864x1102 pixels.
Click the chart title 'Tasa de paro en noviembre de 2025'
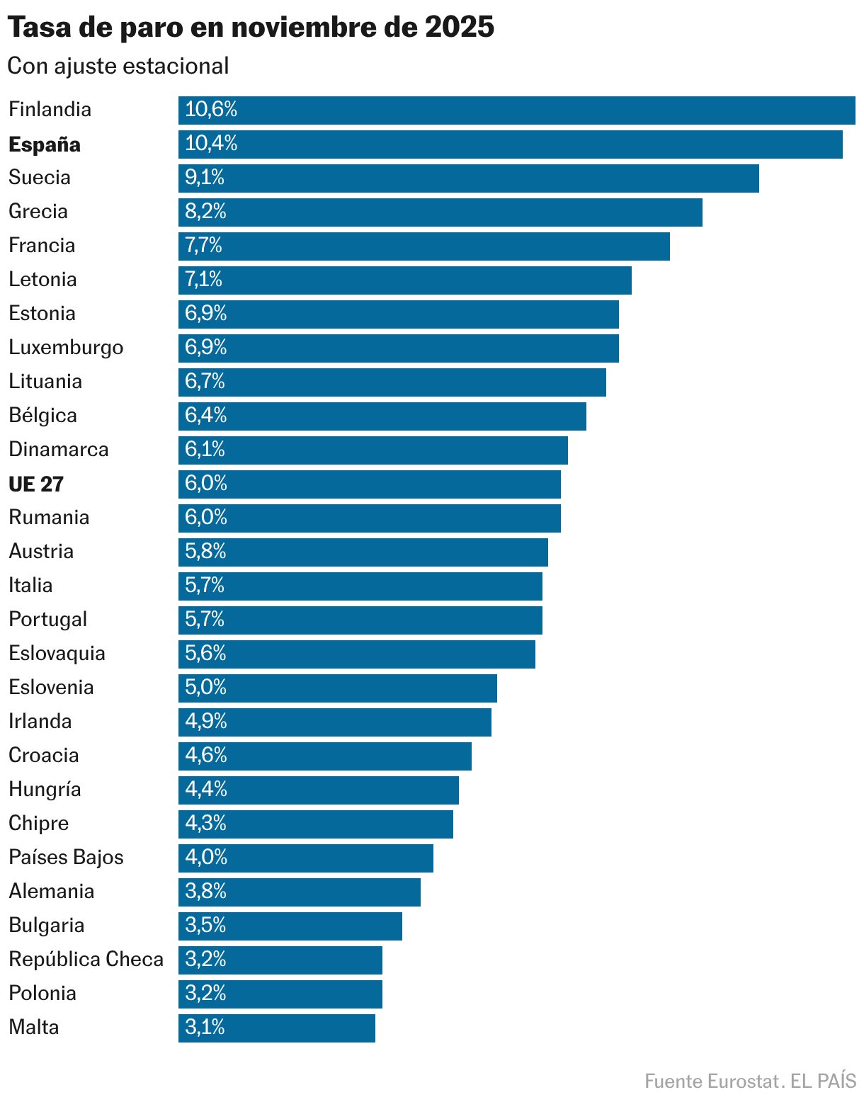251,28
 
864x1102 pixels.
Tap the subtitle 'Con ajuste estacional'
118,66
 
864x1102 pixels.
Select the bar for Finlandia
516,110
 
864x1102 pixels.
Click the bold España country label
45,144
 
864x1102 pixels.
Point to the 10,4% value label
211,144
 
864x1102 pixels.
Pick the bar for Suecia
468,178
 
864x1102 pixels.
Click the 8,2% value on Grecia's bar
205,212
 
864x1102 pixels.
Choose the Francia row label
42,246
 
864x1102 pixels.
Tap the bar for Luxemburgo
398,348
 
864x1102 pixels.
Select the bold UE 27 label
36,484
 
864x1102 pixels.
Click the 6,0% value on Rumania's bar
206,518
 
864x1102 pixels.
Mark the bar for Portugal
360,620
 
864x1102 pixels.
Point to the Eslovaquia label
57,653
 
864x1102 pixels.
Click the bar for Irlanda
334,722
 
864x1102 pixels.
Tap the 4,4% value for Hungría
206,789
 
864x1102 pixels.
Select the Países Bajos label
66,857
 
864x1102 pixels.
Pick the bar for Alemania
299,892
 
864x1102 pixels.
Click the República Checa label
86,959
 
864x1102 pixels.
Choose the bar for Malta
276,1028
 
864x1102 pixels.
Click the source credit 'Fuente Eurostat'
712,1081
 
